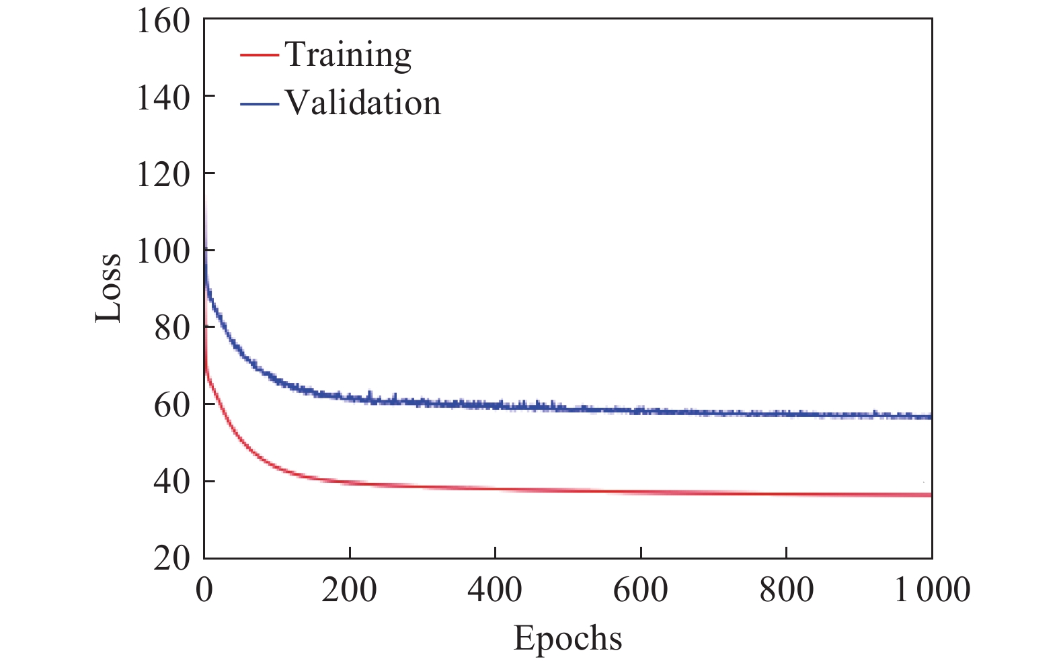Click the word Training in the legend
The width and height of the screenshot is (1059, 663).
348,55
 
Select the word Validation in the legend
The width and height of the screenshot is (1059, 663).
362,103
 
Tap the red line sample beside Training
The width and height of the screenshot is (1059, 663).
259,54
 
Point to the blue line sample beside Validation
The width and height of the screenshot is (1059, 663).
259,103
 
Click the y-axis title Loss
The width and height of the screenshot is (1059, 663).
108,288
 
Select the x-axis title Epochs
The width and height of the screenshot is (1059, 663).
567,639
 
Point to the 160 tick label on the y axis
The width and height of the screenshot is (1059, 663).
163,20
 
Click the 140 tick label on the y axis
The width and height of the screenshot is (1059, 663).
163,97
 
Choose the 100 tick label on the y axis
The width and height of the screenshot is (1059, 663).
163,251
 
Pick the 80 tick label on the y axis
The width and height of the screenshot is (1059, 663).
172,328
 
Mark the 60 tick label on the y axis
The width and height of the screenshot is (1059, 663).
172,405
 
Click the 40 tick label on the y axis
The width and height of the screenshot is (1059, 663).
172,482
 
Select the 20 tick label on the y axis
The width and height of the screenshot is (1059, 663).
172,558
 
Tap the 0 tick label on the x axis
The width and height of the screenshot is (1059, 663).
204,590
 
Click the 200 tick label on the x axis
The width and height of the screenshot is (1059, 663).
349,590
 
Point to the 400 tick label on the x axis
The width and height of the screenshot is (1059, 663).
495,590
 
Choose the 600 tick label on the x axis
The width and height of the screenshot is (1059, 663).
641,590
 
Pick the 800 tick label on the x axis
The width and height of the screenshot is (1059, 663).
786,590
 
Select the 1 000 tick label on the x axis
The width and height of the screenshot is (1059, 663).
932,590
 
